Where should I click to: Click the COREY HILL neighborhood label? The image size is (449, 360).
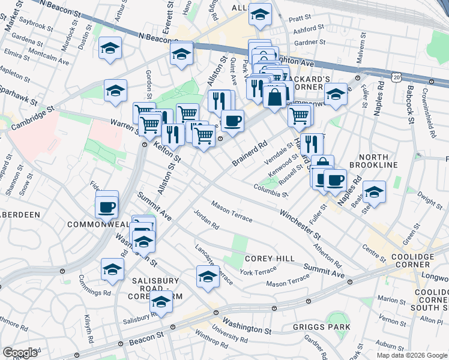pyautogui.click(x=270, y=258)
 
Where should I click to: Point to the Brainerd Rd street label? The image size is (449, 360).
pyautogui.click(x=250, y=154)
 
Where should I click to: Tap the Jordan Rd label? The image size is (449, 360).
pyautogui.click(x=206, y=220)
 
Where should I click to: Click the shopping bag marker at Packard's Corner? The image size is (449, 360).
pyautogui.click(x=274, y=97)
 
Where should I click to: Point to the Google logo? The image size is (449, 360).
pyautogui.click(x=20, y=353)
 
